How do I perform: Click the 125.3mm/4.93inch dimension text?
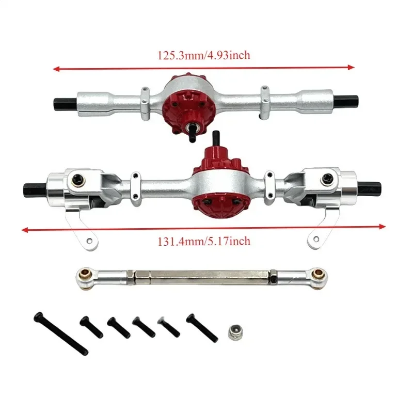(204, 55)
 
